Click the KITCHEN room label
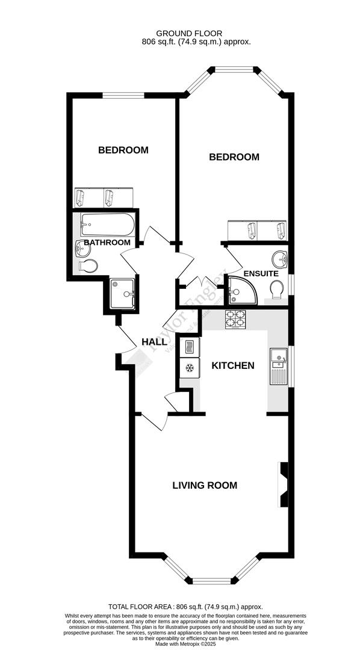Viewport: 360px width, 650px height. tap(232, 365)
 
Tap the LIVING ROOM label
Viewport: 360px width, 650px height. tap(205, 485)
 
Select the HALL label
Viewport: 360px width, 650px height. tap(154, 342)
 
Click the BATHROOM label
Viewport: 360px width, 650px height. tap(107, 243)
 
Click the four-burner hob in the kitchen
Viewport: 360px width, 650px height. tap(235, 319)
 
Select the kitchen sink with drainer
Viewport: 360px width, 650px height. tap(279, 367)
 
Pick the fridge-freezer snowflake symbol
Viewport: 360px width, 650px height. tap(188, 368)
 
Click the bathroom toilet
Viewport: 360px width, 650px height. tap(88, 265)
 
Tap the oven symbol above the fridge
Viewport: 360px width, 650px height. tap(188, 347)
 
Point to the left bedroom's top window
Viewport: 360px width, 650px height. tap(123, 95)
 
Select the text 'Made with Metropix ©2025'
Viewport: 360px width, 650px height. tap(180, 644)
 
